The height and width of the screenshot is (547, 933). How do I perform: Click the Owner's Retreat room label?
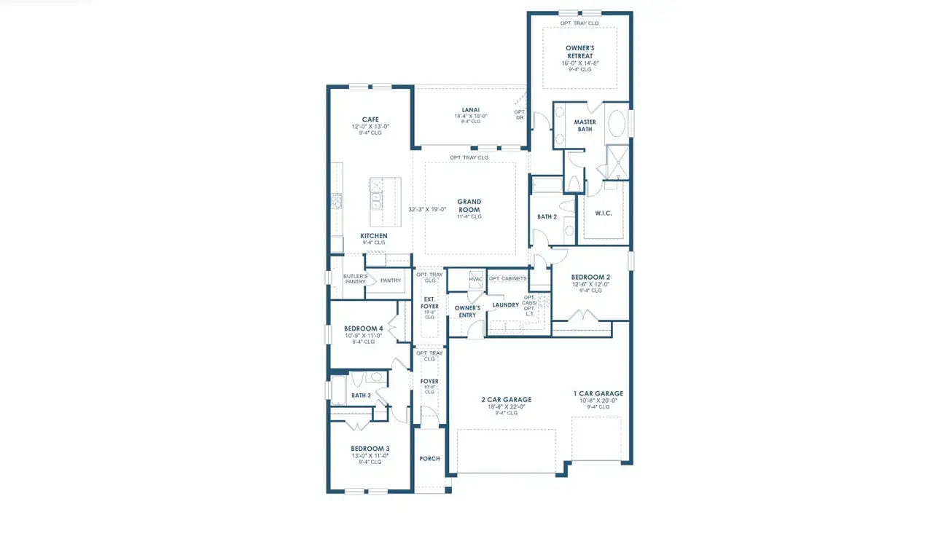point(579,52)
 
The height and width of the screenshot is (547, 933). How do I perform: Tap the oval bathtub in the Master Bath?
point(617,124)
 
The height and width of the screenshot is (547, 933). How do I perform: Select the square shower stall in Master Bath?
point(618,161)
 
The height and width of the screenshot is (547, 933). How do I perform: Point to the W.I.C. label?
point(604,213)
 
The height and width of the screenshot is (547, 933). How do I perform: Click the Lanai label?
point(470,109)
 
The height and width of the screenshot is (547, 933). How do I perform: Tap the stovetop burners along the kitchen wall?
point(337,201)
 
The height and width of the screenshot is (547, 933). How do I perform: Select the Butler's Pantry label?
point(355,279)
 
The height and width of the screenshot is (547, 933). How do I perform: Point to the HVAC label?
point(475,279)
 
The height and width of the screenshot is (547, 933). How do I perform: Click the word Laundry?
point(505,304)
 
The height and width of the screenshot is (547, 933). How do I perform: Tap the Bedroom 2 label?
point(590,278)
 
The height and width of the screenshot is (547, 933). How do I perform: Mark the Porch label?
point(429,458)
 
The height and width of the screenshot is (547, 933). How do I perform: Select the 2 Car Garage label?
point(506,399)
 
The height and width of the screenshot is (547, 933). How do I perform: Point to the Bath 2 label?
point(547,216)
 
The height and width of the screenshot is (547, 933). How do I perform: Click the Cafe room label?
point(370,119)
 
